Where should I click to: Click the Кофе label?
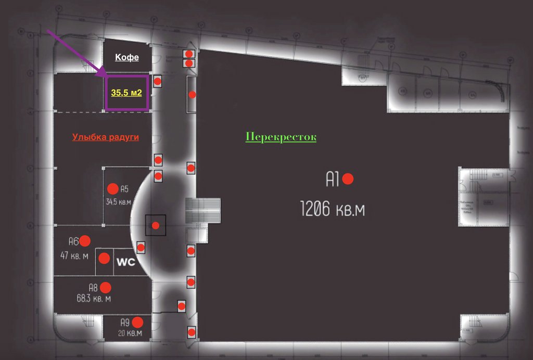coord(127,57)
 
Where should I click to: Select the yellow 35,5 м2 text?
coord(127,93)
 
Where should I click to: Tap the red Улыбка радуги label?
coord(106,137)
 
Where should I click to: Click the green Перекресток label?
coord(281,137)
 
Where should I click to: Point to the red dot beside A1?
coord(348,179)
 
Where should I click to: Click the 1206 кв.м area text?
coord(333,209)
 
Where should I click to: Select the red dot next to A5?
coord(112,189)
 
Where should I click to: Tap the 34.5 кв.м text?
coord(118,202)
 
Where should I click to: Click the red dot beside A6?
coord(85,240)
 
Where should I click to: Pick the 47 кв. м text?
coord(75,256)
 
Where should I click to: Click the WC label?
coord(125,262)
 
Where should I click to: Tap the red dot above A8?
coord(106,287)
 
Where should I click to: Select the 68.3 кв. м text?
coord(93,299)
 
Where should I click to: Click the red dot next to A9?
coord(137,322)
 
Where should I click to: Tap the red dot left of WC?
coord(105,258)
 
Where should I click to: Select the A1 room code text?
coord(333,179)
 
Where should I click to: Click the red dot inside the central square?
coord(156,225)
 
